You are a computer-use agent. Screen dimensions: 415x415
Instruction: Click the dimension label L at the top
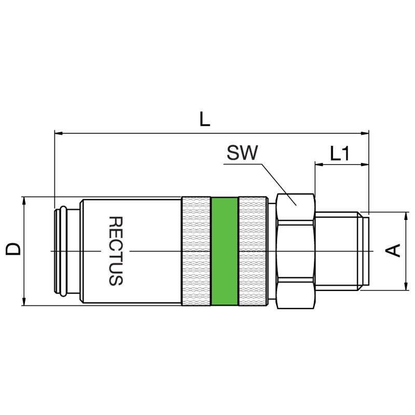(x=204, y=119)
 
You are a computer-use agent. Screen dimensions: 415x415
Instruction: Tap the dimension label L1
(x=340, y=153)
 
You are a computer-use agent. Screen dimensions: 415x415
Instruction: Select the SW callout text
(x=242, y=153)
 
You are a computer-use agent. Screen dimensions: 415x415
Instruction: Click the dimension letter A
(x=393, y=251)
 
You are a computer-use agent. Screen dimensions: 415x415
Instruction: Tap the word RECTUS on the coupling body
(x=116, y=251)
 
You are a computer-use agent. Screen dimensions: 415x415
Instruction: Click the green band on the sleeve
(x=225, y=251)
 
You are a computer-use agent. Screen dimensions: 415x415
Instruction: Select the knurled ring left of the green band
(x=196, y=251)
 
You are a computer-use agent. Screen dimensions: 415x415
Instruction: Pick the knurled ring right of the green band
(x=253, y=251)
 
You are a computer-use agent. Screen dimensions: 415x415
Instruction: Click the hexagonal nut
(x=296, y=251)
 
